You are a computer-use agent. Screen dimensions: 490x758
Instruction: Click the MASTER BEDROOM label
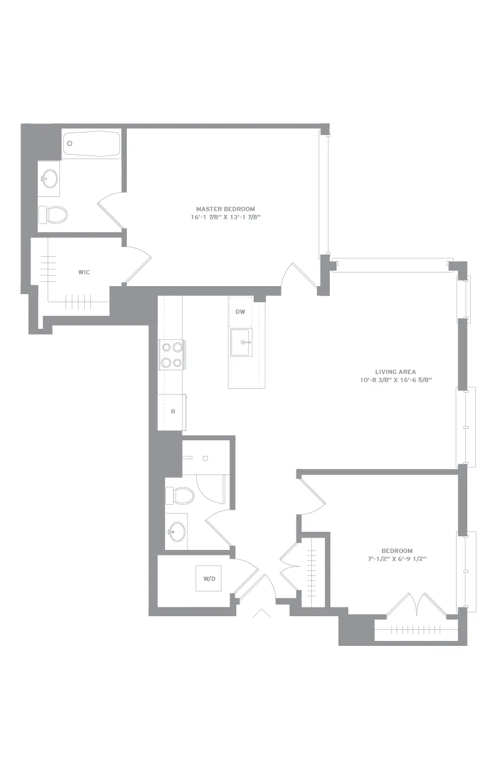(225, 209)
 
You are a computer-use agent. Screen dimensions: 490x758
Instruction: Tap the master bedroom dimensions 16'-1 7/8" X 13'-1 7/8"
(226, 217)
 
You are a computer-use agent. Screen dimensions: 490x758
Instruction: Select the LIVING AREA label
(395, 372)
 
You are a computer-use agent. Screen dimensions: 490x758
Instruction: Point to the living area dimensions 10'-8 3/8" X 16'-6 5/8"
(396, 380)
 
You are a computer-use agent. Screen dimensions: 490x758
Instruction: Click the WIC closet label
(84, 272)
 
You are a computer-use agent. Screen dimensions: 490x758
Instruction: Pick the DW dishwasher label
(240, 312)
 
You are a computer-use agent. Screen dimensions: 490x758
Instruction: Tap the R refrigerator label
(173, 412)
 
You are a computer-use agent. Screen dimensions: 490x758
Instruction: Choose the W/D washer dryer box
(208, 578)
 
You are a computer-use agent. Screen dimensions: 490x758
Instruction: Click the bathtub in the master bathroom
(92, 144)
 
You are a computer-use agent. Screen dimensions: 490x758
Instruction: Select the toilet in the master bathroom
(53, 214)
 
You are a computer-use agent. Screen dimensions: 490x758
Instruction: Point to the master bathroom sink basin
(49, 178)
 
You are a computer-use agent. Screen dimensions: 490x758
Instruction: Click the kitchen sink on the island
(241, 342)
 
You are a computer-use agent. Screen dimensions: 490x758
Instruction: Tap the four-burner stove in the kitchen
(172, 355)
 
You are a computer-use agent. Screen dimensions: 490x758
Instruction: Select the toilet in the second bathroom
(179, 496)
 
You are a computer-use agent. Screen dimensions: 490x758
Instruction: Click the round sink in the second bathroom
(177, 531)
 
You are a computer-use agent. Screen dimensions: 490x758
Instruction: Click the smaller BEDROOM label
(397, 551)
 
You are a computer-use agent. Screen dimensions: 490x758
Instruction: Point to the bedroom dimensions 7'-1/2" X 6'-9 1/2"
(397, 559)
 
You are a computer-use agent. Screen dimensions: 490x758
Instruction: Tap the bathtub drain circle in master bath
(70, 144)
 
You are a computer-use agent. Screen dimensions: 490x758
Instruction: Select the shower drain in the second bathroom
(205, 458)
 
